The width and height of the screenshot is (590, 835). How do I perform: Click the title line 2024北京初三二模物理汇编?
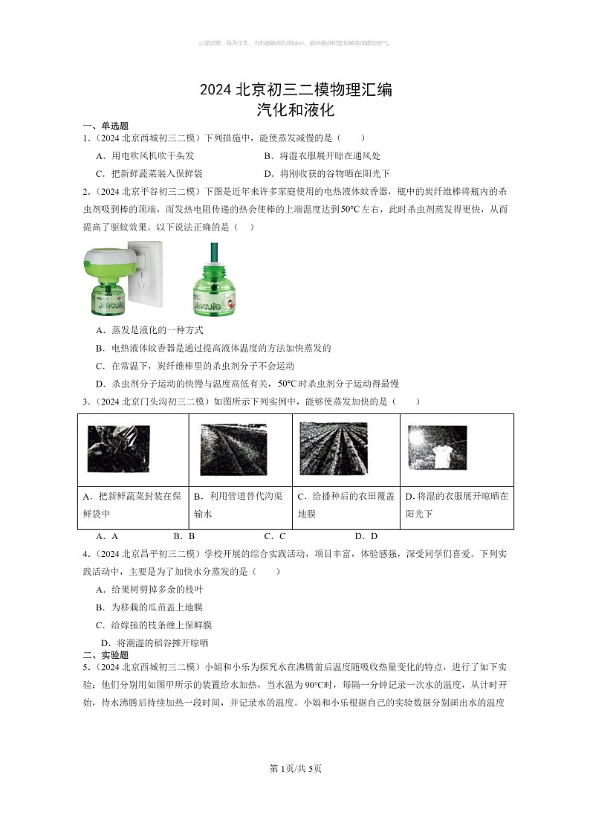tap(295, 91)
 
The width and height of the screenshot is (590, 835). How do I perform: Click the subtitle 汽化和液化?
tap(295, 111)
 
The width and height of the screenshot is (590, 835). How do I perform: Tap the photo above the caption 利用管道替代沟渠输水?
tap(233, 450)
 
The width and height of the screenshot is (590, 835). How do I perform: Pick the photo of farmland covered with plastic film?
tap(333, 448)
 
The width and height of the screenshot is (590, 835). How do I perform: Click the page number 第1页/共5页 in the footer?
tap(295, 768)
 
